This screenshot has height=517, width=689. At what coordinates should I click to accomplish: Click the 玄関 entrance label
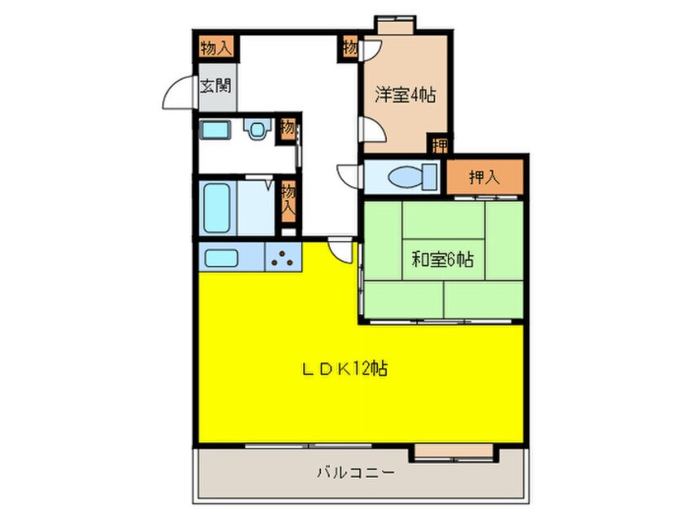215,86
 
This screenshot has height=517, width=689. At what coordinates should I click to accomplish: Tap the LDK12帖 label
344,369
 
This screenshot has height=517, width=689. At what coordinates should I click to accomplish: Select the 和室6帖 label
442,259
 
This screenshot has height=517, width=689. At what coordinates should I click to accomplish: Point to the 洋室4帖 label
405,95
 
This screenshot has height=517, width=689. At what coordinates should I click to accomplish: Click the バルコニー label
355,473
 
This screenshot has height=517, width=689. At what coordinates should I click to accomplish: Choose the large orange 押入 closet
485,177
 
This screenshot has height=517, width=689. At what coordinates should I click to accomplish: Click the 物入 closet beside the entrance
215,47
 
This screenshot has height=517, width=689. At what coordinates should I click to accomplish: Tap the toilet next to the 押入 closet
413,177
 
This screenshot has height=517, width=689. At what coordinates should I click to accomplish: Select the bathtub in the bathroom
217,208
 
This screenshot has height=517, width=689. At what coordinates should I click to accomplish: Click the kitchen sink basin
222,258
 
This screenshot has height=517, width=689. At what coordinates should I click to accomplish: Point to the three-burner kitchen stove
283,258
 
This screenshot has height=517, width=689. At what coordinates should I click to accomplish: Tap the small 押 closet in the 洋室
440,144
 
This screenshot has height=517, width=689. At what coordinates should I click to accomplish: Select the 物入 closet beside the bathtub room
287,202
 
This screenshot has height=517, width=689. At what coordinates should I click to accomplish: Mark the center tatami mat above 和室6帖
443,220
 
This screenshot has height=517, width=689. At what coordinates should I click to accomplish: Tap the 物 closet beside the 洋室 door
349,47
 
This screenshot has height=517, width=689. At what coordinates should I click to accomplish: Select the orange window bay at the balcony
454,451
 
